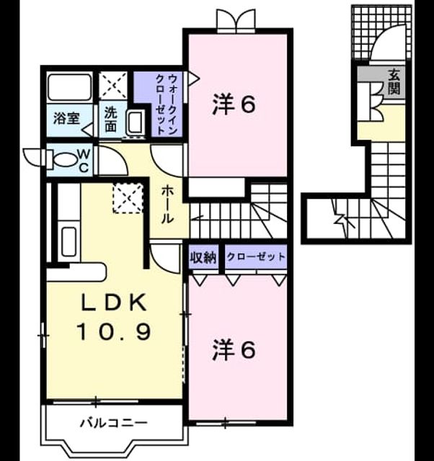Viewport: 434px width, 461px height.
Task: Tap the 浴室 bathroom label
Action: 66,118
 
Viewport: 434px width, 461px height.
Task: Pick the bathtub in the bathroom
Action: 69,87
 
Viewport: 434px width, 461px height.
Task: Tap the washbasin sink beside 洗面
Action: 136,122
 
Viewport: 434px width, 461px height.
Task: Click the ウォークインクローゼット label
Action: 167,104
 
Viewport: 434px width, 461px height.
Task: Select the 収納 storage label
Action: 203,257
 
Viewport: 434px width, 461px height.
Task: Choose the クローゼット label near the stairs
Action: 256,257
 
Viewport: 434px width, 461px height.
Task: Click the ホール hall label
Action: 167,205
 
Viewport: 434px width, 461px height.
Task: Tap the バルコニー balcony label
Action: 114,424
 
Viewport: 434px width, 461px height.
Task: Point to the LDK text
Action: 114,303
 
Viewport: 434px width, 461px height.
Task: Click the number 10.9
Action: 114,331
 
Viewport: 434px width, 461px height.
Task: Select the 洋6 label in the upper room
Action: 234,104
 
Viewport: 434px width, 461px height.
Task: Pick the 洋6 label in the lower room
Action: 234,350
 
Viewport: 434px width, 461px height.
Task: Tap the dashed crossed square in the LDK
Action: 128,198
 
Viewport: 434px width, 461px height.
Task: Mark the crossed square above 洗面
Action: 113,85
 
